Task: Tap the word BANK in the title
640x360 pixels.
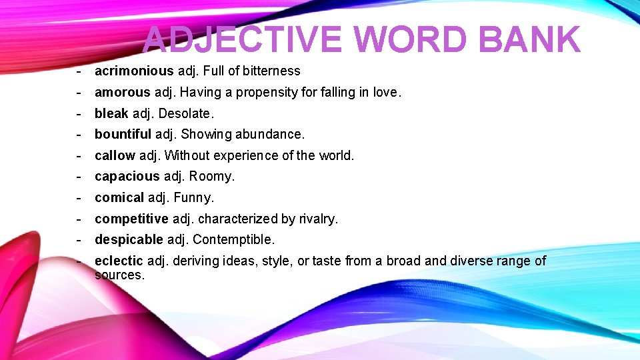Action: (x=529, y=39)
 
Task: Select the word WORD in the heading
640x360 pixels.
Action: (x=410, y=39)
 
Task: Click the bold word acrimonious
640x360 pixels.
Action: (x=134, y=71)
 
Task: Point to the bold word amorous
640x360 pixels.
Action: (x=123, y=92)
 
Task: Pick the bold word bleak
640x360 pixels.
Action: (x=111, y=113)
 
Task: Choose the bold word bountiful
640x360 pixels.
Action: (x=123, y=134)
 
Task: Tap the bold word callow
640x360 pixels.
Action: (x=115, y=155)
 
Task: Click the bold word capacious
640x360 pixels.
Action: (x=127, y=176)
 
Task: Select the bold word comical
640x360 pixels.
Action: (x=119, y=197)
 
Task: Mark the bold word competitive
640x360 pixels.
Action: (x=131, y=219)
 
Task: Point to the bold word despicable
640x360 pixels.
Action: (x=129, y=239)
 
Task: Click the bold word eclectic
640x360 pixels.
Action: (x=119, y=261)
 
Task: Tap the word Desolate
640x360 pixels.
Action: (x=186, y=113)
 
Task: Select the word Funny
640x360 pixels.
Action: (x=193, y=198)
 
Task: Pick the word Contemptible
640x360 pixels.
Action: (x=233, y=239)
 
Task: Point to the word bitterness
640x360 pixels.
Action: (x=271, y=71)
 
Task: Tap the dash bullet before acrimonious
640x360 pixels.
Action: (x=79, y=71)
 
